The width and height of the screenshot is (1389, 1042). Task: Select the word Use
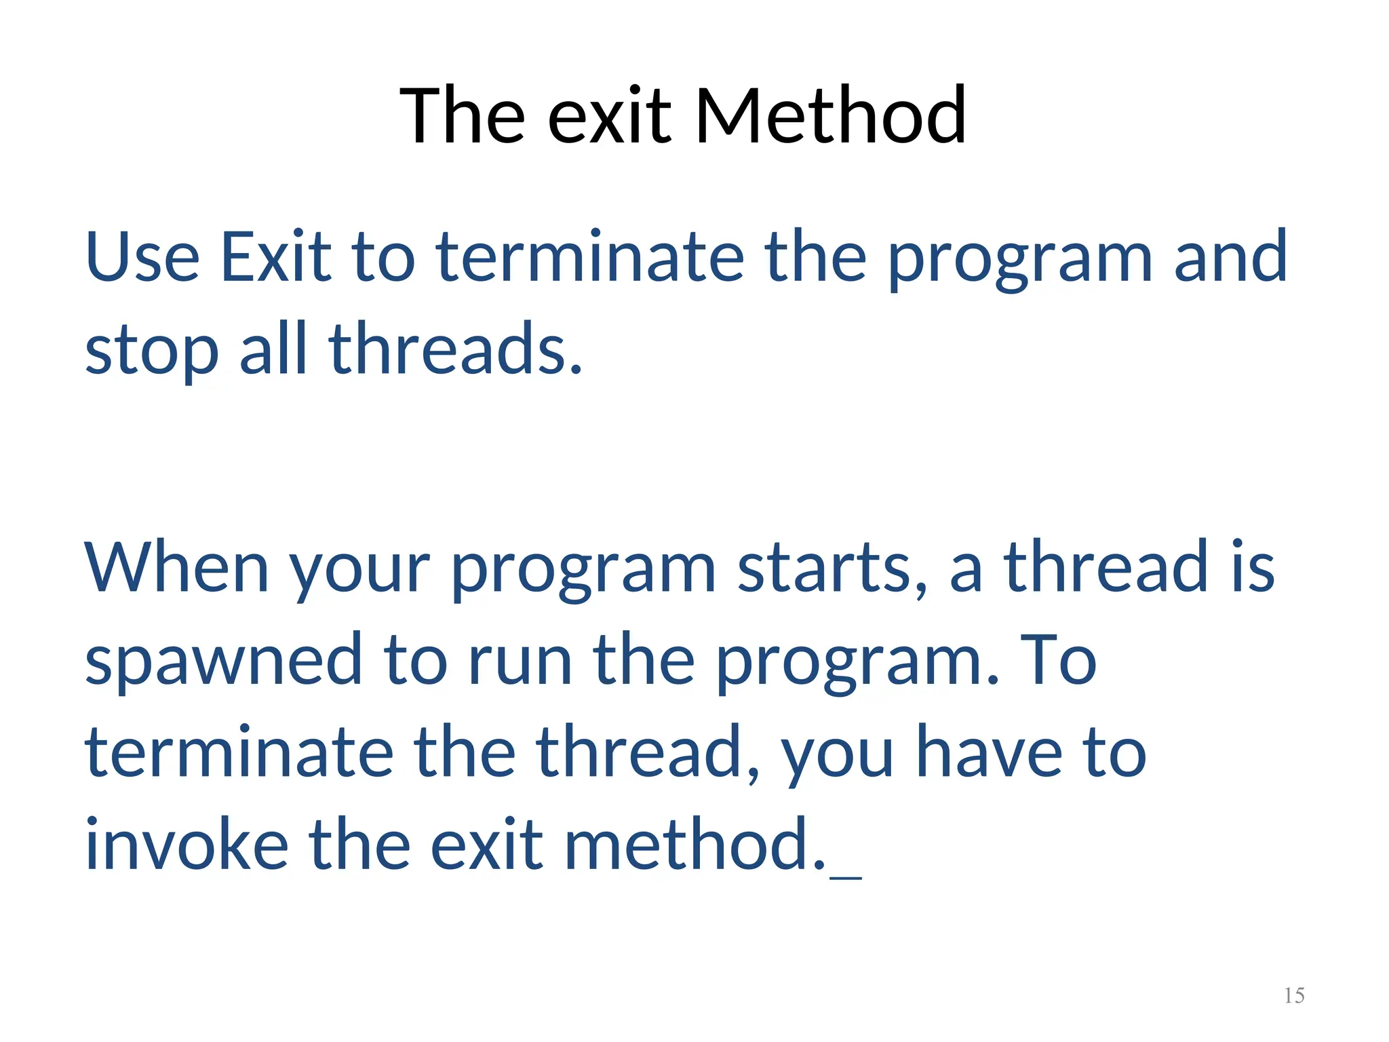[142, 257]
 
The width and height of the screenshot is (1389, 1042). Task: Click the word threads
[455, 349]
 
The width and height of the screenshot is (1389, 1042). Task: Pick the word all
[273, 349]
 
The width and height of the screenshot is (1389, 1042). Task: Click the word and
[1230, 257]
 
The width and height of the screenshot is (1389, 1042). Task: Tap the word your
[360, 573]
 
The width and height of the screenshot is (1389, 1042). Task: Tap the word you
[838, 756]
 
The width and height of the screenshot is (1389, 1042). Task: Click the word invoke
[187, 845]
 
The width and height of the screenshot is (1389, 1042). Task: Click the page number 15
[1294, 995]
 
